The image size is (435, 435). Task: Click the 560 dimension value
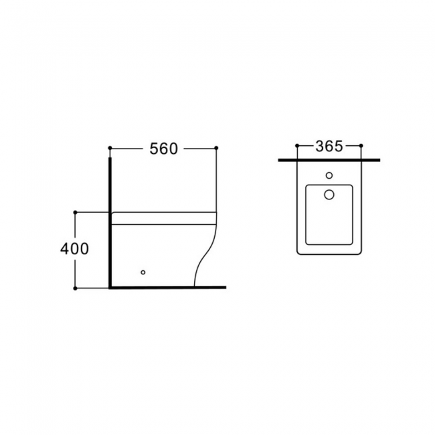pos(164,149)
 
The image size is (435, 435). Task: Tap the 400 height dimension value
pos(75,248)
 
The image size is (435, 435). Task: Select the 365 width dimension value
pos(329,146)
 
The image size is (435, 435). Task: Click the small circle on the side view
pos(143,272)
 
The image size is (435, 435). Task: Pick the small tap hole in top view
pos(329,175)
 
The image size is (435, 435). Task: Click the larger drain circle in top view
pos(329,195)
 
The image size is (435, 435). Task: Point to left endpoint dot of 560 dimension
pos(110,148)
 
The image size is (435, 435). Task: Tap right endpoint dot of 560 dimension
pos(216,148)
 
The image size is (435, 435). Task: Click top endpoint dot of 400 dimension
pos(75,213)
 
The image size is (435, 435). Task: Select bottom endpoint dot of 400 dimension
pos(75,288)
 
